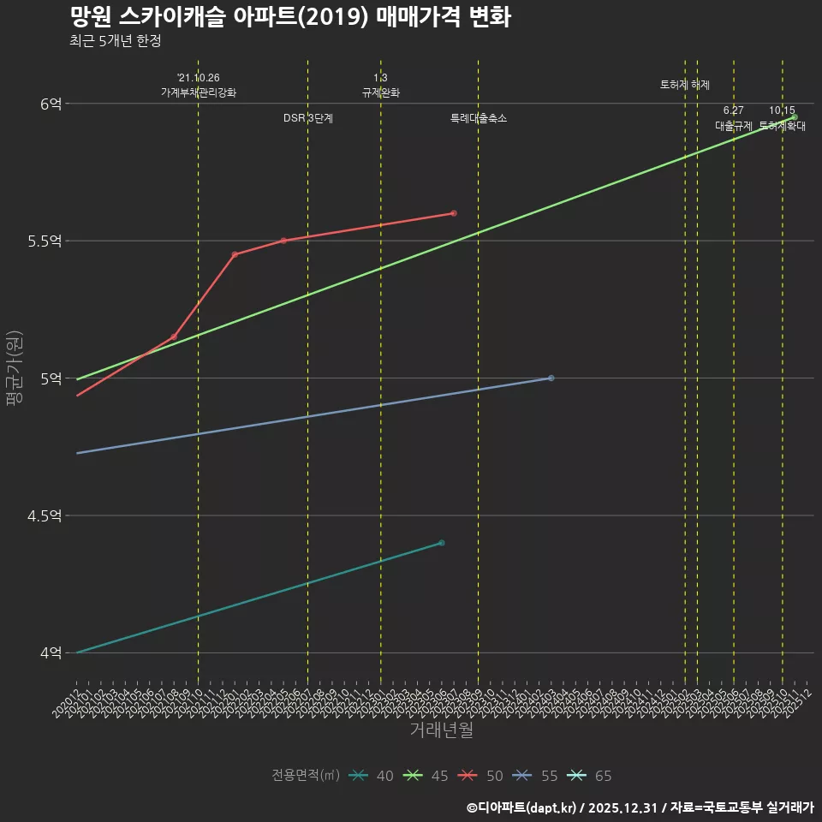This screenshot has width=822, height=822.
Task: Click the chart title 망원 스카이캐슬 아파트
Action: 290,16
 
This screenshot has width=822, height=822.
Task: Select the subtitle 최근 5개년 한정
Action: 115,41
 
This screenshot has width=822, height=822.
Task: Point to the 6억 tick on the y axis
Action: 51,104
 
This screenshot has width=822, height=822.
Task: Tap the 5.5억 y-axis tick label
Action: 45,241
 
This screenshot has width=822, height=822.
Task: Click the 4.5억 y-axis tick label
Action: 45,515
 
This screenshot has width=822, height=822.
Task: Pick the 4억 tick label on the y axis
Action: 51,652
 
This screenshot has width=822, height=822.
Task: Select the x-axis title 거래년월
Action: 441,730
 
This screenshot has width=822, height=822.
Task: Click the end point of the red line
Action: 453,213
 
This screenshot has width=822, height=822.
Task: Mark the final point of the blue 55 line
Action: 551,378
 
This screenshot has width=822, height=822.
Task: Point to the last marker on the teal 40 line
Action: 441,543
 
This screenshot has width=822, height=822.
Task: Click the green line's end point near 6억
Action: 794,117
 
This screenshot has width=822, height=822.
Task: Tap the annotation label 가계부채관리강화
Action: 198,92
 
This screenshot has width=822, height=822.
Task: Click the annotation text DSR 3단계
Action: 308,118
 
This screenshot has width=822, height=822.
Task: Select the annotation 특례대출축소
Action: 479,118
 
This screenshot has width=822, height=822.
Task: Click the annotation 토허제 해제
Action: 685,85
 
